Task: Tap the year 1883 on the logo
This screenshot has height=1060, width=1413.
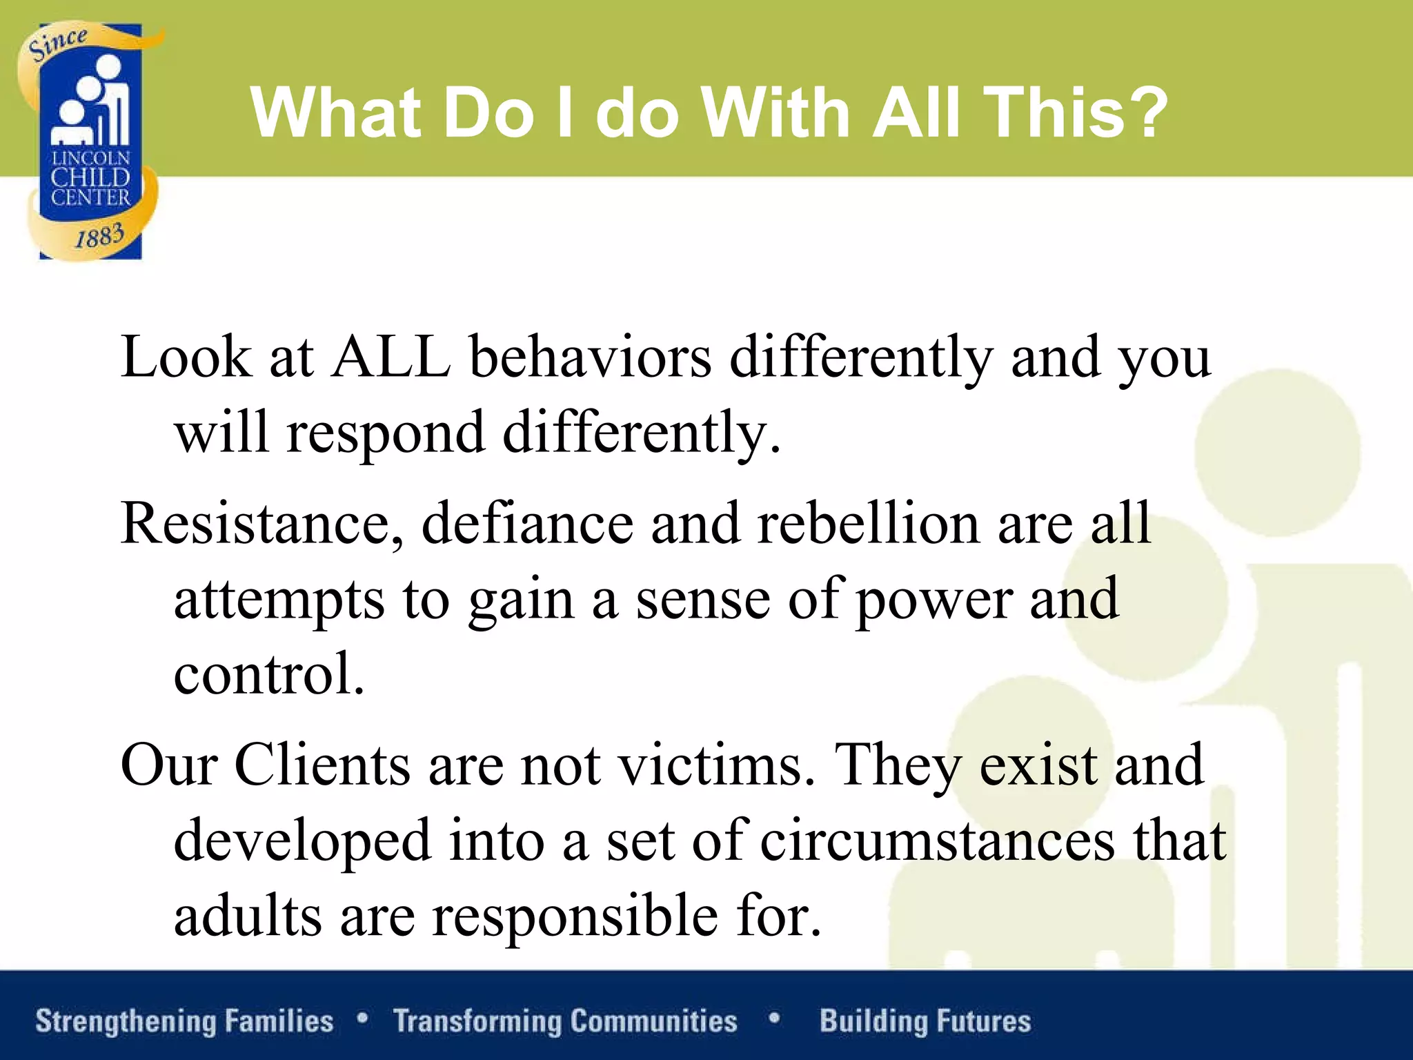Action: point(99,237)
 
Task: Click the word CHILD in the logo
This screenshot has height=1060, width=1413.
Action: point(90,178)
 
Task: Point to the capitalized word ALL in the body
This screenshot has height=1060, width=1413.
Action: point(391,357)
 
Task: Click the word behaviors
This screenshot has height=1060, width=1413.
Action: point(591,357)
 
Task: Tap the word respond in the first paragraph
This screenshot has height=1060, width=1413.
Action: point(386,433)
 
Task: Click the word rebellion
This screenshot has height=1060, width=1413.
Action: point(868,523)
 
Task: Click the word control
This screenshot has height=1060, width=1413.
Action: point(268,674)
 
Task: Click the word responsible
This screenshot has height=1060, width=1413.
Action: point(575,916)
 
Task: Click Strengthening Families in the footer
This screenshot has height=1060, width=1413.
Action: point(184,1021)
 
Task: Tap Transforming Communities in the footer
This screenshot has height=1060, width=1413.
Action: point(565,1021)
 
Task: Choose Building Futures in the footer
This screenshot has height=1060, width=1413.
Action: point(925,1021)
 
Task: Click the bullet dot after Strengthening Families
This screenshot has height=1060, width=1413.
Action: point(363,1017)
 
